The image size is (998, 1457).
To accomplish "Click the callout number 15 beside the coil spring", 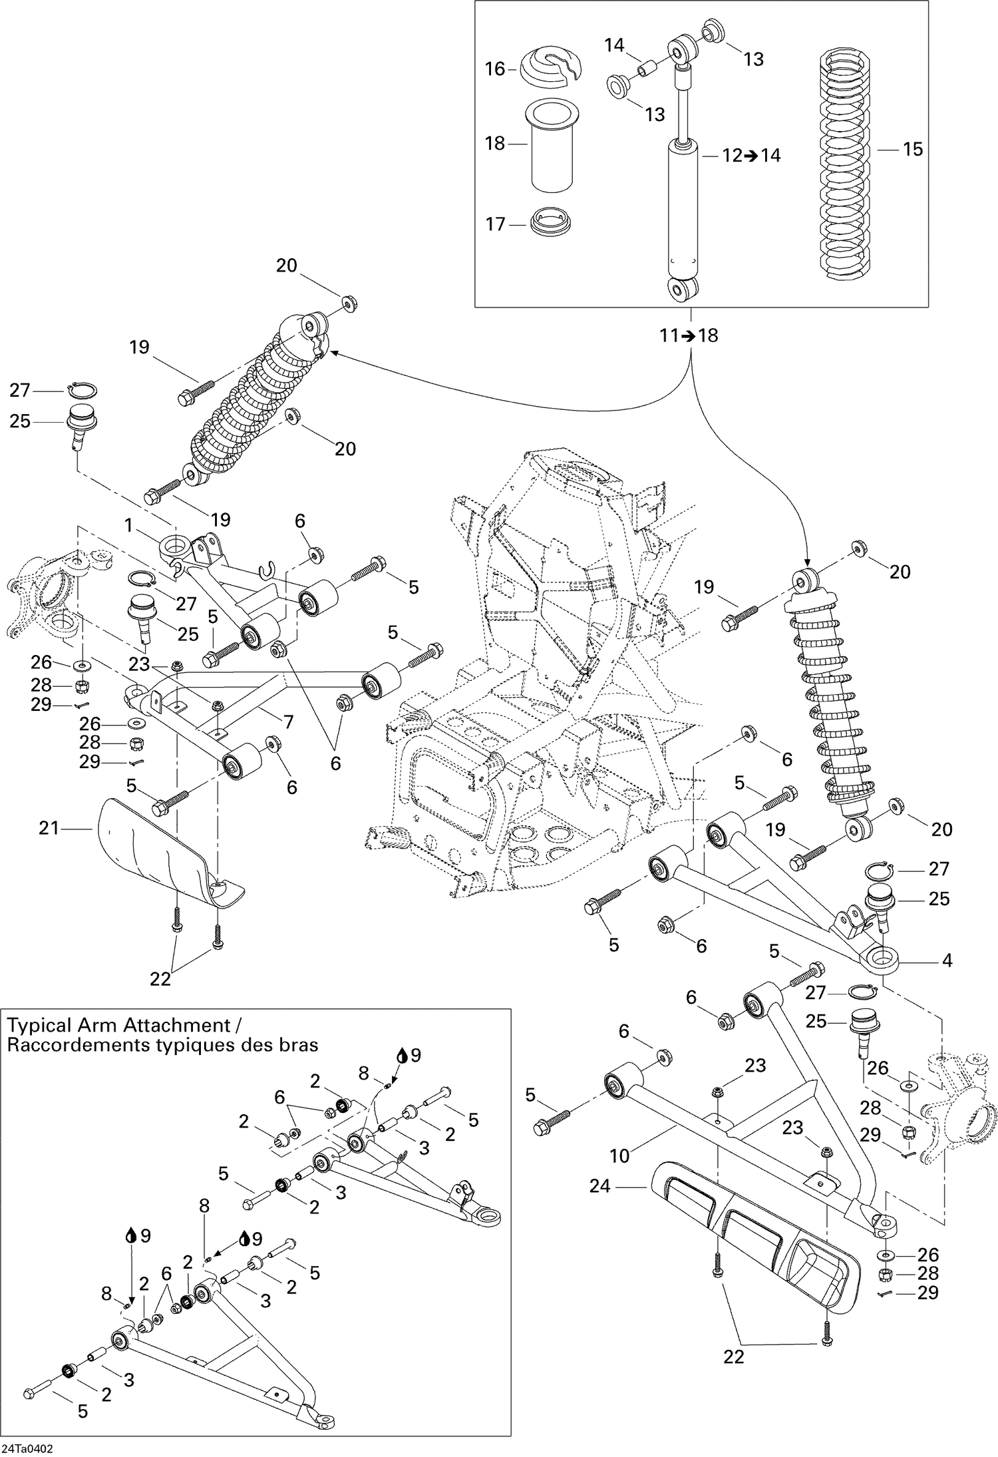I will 913,149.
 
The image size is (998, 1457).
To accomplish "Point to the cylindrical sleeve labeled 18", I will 552,145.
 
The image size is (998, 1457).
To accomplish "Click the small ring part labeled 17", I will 552,221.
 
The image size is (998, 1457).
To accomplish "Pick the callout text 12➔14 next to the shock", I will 751,156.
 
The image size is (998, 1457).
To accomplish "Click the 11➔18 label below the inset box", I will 689,335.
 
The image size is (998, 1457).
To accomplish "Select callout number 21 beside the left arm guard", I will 49,828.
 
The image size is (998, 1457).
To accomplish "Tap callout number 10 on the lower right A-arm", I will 619,1155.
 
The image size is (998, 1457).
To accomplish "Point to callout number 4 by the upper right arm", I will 947,960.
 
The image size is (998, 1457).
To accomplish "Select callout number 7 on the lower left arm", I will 287,721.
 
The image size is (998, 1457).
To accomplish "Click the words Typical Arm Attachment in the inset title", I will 117,1025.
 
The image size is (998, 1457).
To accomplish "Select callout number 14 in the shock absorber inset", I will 614,45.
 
